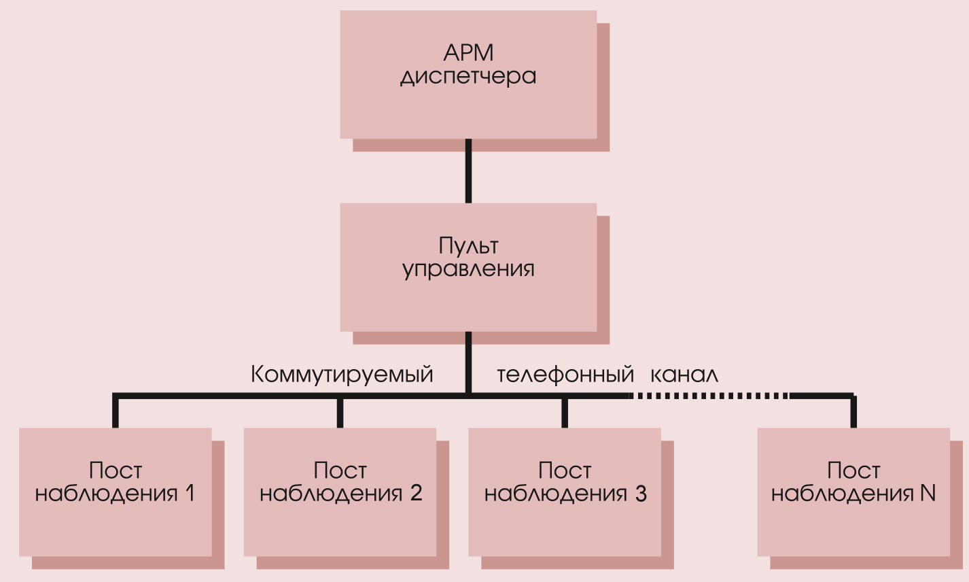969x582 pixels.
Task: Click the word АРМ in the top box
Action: pyautogui.click(x=468, y=52)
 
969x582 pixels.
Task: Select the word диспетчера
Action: pyautogui.click(x=468, y=76)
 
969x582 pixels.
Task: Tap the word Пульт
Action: pyautogui.click(x=468, y=245)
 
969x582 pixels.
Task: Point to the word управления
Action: pyautogui.click(x=468, y=269)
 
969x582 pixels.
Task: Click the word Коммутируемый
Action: pyautogui.click(x=342, y=375)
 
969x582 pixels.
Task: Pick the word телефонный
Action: pyautogui.click(x=565, y=375)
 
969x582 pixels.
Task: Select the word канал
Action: pyautogui.click(x=684, y=375)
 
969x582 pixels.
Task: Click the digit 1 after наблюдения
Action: pyautogui.click(x=190, y=493)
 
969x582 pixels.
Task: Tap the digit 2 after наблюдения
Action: pyautogui.click(x=416, y=493)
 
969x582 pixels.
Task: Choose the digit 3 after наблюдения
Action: pyautogui.click(x=640, y=493)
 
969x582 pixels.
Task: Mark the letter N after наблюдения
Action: pyautogui.click(x=928, y=493)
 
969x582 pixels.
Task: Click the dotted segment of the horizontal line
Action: pyautogui.click(x=710, y=395)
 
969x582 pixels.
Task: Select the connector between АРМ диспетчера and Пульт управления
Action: pyautogui.click(x=468, y=171)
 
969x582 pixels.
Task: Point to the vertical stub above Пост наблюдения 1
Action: pyautogui.click(x=116, y=412)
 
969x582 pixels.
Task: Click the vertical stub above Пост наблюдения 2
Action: pyautogui.click(x=340, y=412)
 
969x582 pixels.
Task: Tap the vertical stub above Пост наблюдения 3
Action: pyautogui.click(x=565, y=412)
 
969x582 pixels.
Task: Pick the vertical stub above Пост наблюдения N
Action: pyautogui.click(x=853, y=412)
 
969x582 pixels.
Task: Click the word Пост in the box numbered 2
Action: pyautogui.click(x=340, y=470)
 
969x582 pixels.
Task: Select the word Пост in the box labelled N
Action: pyautogui.click(x=853, y=470)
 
